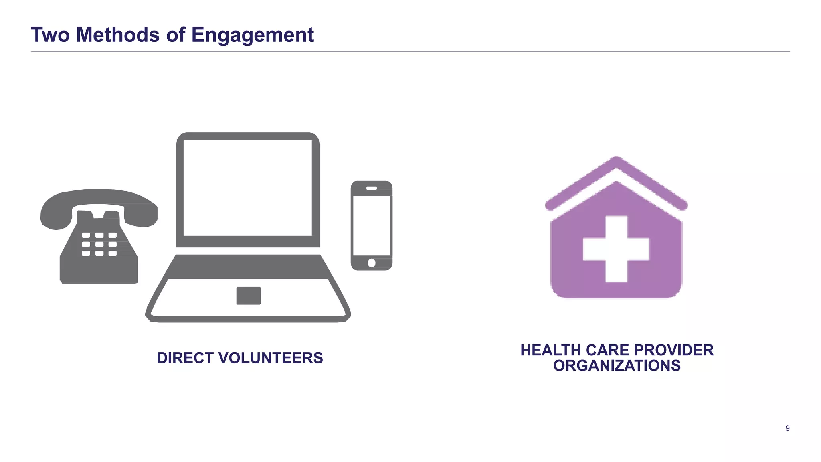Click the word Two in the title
[50, 34]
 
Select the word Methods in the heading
[118, 34]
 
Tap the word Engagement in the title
[252, 35]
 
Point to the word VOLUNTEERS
[270, 358]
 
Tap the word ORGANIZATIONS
[617, 366]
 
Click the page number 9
[787, 428]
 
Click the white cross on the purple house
[616, 249]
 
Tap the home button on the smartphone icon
[372, 263]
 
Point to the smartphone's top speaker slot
[372, 188]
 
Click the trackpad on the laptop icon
[249, 296]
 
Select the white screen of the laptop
[248, 188]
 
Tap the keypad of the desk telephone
[99, 244]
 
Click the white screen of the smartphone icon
[372, 225]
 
